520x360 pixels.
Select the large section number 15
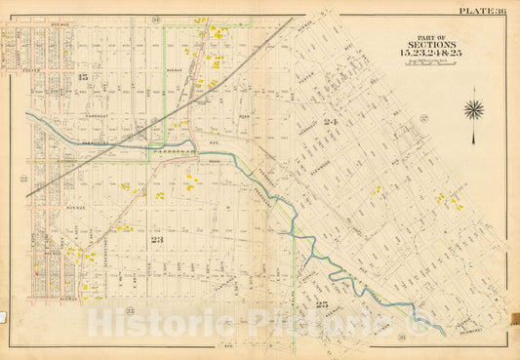(x=84, y=77)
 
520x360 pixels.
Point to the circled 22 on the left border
(x=21, y=179)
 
